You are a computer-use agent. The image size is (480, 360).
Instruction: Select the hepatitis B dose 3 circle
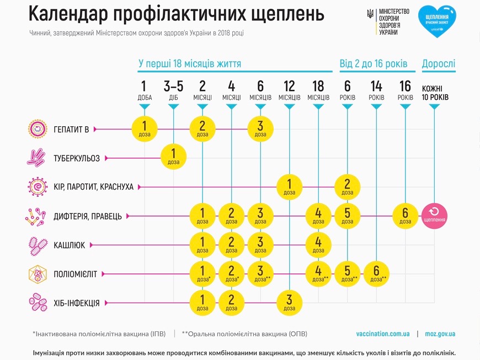(260, 130)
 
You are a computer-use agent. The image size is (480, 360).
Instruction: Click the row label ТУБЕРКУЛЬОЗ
(77, 159)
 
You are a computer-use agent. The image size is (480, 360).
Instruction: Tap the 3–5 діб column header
(174, 90)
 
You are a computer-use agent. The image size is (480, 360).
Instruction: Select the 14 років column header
(376, 90)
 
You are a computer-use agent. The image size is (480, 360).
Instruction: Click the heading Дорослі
(439, 64)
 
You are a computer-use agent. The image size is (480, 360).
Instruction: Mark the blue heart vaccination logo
(437, 21)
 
